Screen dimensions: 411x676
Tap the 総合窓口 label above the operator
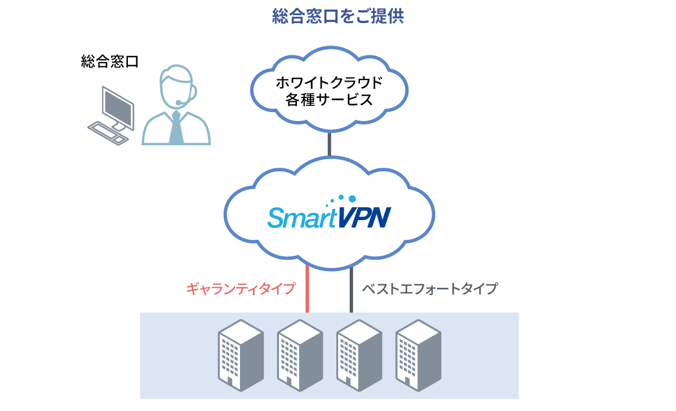tap(109, 61)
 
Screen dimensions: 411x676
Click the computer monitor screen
tap(118, 107)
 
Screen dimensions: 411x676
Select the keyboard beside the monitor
tap(108, 133)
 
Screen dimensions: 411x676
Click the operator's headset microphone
tap(179, 102)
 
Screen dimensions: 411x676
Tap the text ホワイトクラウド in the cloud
tap(329, 83)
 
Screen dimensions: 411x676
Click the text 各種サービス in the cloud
tap(329, 100)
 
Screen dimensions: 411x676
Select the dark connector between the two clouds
tap(329, 144)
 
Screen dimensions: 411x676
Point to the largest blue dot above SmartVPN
tap(352, 199)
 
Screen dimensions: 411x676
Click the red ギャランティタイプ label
tap(241, 289)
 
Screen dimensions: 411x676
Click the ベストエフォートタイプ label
tap(430, 289)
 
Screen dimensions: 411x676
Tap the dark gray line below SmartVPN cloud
tap(351, 289)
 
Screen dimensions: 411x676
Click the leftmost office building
tap(241, 355)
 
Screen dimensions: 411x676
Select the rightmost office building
tap(418, 355)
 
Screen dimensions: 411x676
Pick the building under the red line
tap(300, 355)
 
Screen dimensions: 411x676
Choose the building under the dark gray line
tap(359, 355)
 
